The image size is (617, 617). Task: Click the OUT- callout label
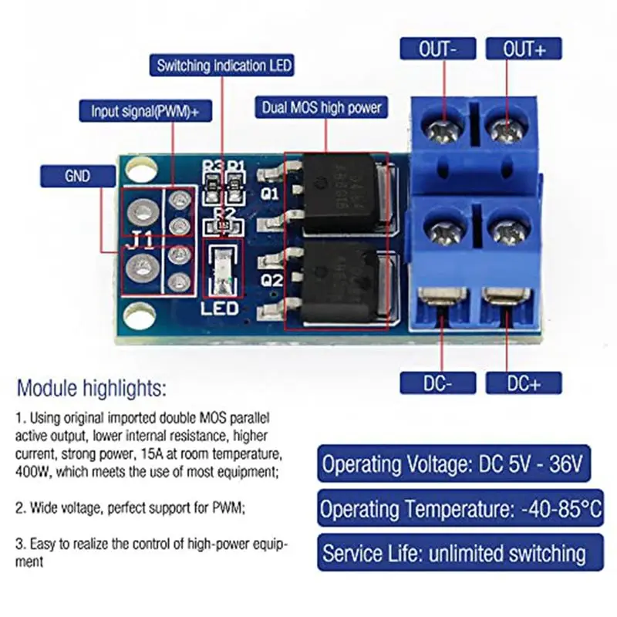[437, 49]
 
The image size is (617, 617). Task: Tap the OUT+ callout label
[524, 49]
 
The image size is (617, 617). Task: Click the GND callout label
[77, 177]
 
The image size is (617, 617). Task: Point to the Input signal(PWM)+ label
[145, 110]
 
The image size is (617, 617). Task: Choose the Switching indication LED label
[224, 66]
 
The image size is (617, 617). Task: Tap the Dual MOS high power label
[322, 107]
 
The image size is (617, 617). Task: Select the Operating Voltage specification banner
[453, 464]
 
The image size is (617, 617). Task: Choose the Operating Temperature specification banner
[461, 509]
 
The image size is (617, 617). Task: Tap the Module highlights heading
[92, 386]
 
